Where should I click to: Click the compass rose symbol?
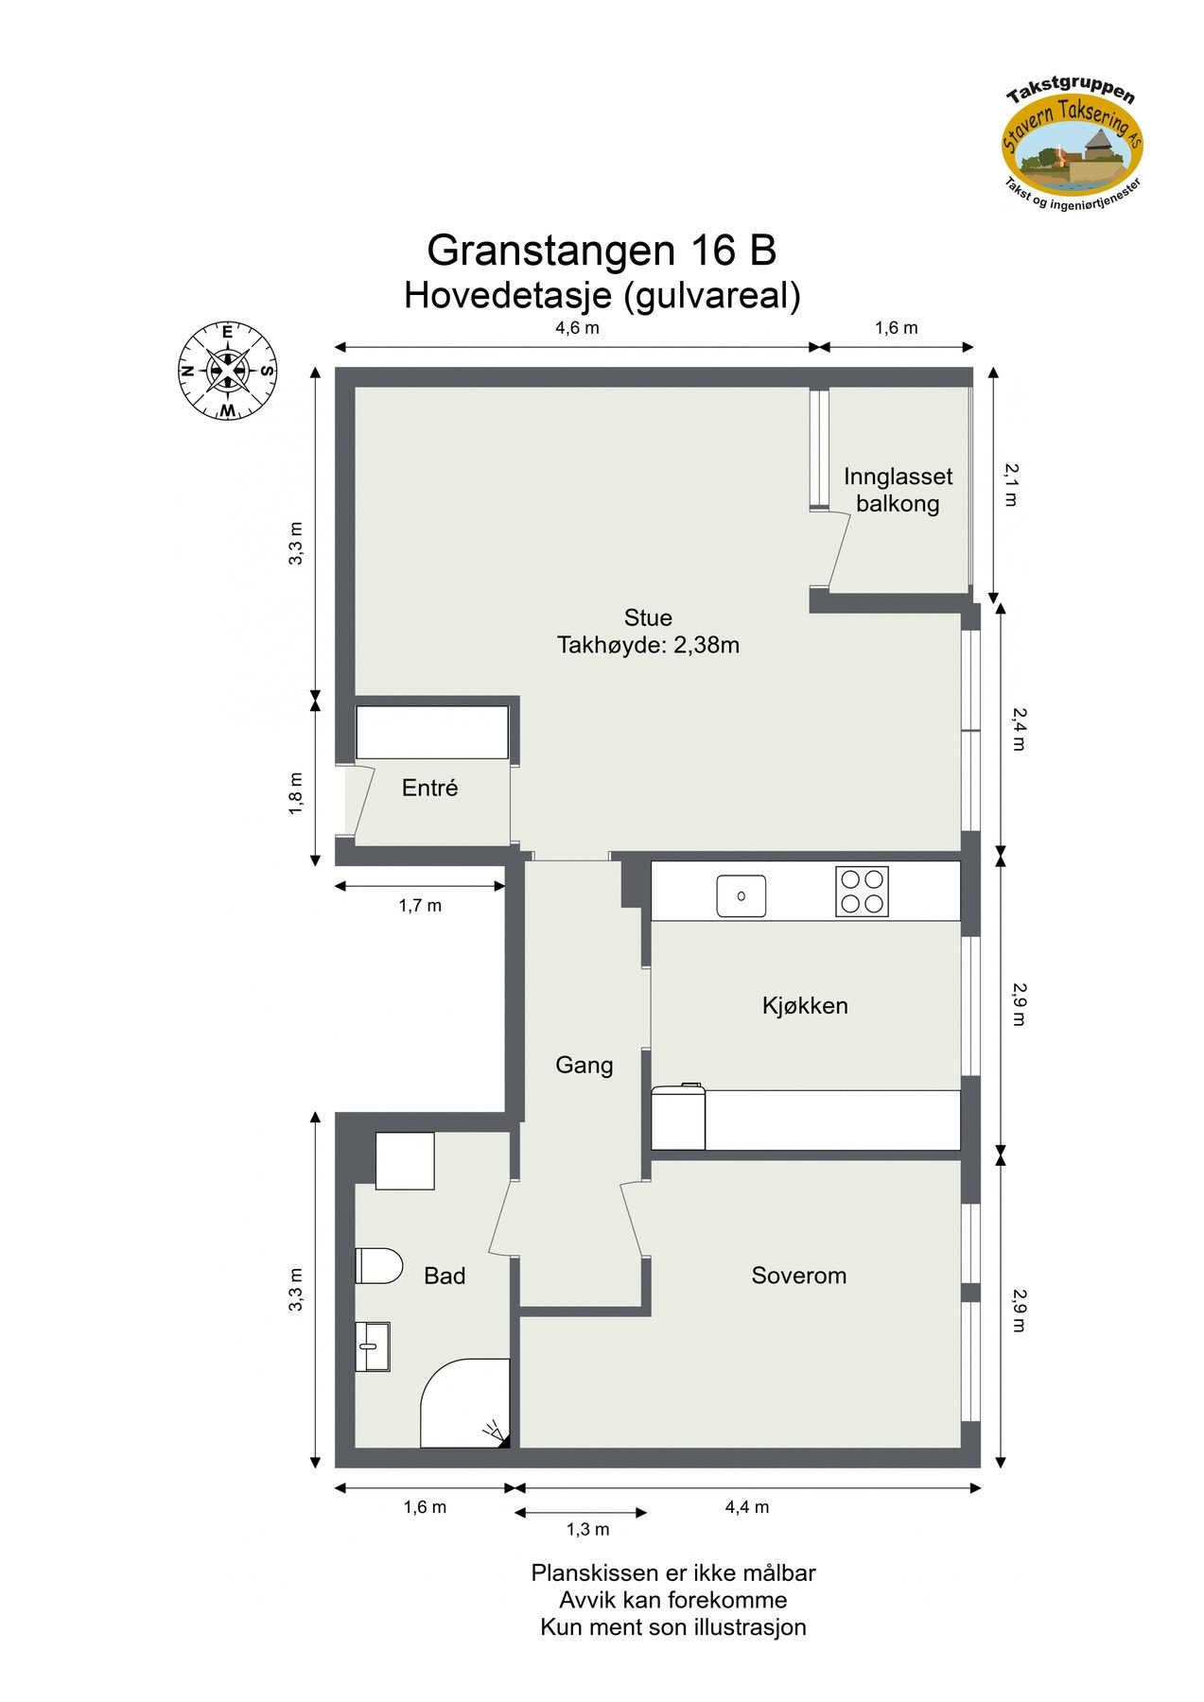click(227, 371)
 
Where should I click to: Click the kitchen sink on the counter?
click(741, 895)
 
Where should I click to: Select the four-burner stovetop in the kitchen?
click(862, 892)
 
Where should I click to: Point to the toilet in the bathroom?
click(378, 1265)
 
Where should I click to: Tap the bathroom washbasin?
click(373, 1346)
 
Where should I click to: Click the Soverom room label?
click(798, 1276)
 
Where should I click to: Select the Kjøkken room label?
click(805, 1005)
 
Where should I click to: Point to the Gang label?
click(584, 1066)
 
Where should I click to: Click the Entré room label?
click(429, 788)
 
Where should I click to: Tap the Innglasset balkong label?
click(898, 490)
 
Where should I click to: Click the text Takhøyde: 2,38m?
click(648, 645)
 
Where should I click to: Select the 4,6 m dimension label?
click(577, 328)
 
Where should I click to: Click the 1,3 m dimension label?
click(587, 1529)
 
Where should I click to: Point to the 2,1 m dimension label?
click(1011, 484)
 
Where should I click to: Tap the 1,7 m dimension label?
click(420, 906)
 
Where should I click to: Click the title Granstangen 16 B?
click(602, 251)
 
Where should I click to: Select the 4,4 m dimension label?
click(747, 1507)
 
